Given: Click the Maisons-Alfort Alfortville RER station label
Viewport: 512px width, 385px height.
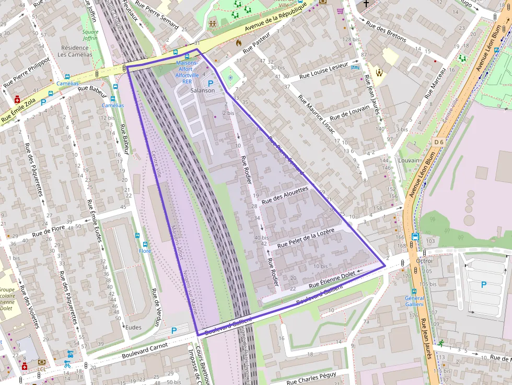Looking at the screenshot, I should pyautogui.click(x=187, y=72).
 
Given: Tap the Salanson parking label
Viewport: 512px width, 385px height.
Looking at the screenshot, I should pyautogui.click(x=203, y=90).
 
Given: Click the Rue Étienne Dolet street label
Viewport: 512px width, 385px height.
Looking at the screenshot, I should pyautogui.click(x=332, y=278).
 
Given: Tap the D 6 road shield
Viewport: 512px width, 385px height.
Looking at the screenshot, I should pyautogui.click(x=438, y=142).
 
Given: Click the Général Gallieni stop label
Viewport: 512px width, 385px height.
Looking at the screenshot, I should pyautogui.click(x=414, y=301).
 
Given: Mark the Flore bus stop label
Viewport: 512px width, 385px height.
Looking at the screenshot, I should pyautogui.click(x=145, y=251).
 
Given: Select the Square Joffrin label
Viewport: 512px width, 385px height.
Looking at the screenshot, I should pyautogui.click(x=90, y=35).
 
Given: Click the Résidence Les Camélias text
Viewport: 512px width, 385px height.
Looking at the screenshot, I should pyautogui.click(x=75, y=51).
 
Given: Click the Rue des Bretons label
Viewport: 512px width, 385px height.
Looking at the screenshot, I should pyautogui.click(x=386, y=32).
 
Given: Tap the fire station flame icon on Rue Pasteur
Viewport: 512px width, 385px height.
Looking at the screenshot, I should pyautogui.click(x=239, y=43).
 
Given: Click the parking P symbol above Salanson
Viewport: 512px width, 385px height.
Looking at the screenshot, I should pyautogui.click(x=211, y=83).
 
